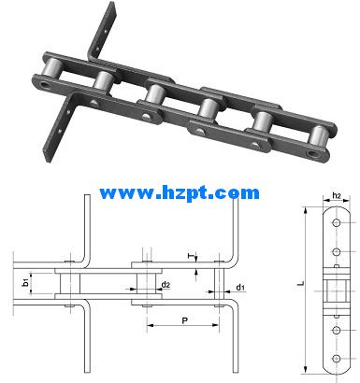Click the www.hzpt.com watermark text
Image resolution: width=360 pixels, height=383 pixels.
point(180,193)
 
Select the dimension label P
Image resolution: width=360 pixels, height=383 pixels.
point(185,320)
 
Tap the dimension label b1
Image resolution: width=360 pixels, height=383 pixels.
point(26,283)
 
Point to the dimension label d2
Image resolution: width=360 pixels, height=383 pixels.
point(166,285)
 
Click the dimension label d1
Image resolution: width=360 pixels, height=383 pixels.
point(240,288)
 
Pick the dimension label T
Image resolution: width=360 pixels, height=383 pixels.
point(190,256)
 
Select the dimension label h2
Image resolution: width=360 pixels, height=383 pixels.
point(337,196)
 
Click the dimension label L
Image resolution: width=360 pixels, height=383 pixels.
point(301,284)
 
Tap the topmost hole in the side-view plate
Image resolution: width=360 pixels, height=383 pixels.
point(337,223)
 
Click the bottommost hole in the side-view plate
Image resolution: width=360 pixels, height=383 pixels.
point(337,359)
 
